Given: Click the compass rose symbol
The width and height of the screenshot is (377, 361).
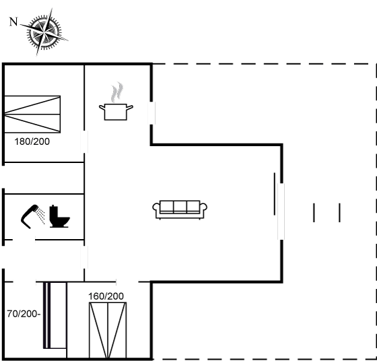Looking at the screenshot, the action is tap(44, 32).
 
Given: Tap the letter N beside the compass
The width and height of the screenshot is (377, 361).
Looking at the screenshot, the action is tap(13, 22).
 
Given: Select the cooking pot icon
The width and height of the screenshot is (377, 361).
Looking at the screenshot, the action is tap(116, 112).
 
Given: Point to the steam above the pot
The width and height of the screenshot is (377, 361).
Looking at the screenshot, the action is tap(117, 92).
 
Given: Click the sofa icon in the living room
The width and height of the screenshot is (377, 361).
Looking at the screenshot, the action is tap(180, 209).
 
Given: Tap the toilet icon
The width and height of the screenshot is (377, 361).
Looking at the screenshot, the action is tap(60, 216).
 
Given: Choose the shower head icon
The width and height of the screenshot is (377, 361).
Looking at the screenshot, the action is tap(33, 216).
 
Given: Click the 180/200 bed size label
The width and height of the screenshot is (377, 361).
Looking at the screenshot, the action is tap(32, 141).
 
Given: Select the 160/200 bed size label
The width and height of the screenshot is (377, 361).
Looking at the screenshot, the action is tap(106, 296).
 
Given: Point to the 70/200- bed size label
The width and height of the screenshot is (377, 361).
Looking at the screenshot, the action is tap(24, 314).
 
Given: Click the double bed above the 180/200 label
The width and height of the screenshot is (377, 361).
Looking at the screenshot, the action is tap(32, 114).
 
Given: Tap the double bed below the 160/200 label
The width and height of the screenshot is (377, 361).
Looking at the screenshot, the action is tap(108, 330).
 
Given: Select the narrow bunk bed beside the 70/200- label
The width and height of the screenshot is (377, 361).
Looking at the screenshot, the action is tap(55, 315).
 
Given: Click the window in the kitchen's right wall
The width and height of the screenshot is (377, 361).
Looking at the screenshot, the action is tap(151, 113).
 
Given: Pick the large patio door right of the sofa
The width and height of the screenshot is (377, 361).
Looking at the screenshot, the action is tap(281, 211).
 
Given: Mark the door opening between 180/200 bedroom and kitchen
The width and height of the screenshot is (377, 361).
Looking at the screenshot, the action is tap(84, 141).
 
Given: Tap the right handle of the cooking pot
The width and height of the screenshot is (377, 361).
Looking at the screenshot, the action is tap(130, 107).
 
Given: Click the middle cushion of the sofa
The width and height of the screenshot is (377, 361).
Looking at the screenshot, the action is tap(180, 206).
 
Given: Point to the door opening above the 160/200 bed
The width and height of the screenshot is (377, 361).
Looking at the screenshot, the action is tap(127, 282).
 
